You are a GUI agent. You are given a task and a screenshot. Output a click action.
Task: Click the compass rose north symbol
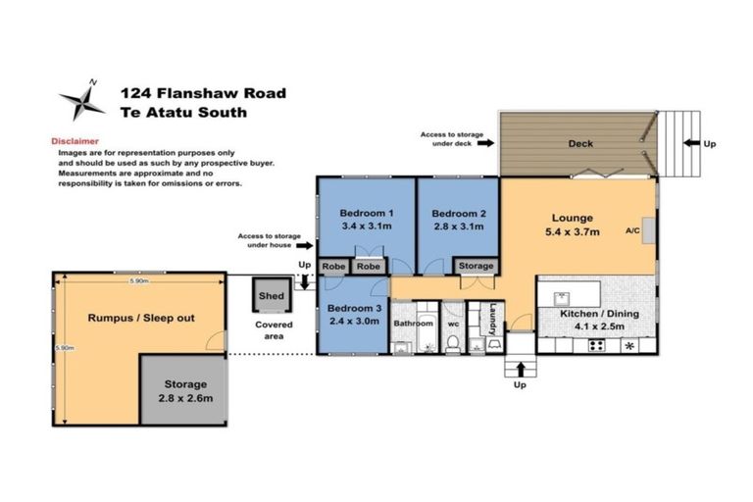(x=81, y=101)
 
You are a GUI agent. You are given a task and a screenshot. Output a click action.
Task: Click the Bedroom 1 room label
(x=366, y=214)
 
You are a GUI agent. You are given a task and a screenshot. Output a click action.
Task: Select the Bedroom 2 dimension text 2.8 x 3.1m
(x=458, y=226)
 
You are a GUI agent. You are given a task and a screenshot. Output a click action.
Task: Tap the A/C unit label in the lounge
(x=633, y=232)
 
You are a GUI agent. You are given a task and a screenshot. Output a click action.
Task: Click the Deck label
(x=581, y=143)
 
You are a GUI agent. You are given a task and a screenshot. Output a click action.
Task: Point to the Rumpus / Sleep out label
(x=141, y=318)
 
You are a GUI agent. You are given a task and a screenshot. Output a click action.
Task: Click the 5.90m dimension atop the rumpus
(x=138, y=281)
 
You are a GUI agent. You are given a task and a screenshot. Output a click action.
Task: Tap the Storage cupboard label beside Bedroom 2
(x=476, y=265)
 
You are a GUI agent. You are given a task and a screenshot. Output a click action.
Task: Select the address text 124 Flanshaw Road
(x=203, y=93)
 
